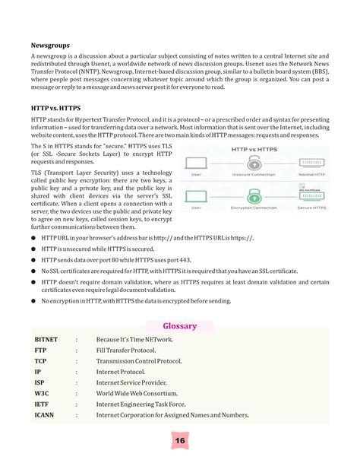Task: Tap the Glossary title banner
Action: [x=179, y=326]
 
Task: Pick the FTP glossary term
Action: [x=40, y=350]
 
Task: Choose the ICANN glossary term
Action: [x=45, y=416]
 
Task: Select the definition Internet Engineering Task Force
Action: [x=140, y=405]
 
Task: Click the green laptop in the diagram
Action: [x=197, y=194]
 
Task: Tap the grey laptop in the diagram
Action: [x=197, y=163]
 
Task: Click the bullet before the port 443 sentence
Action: [x=34, y=260]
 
